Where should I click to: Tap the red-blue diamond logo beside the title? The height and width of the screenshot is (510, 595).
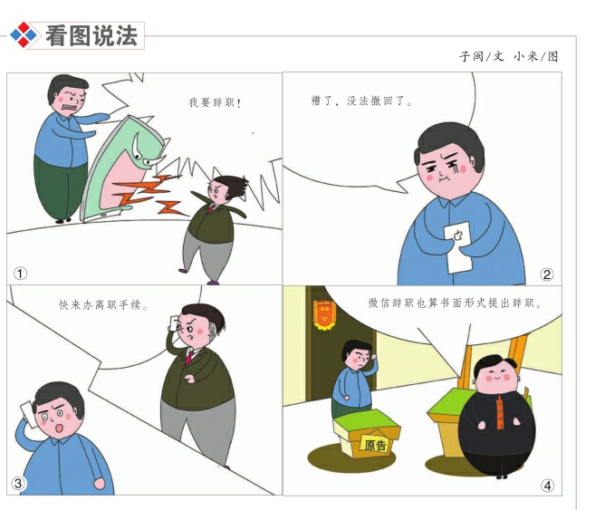tap(25, 35)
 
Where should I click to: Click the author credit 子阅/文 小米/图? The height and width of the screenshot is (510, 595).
tap(508, 56)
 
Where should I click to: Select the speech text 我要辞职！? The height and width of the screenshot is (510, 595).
tap(216, 103)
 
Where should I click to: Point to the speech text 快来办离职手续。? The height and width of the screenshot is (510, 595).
tap(104, 305)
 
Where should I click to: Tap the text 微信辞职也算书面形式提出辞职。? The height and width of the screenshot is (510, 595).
tap(455, 304)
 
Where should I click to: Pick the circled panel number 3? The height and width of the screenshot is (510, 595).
tap(19, 484)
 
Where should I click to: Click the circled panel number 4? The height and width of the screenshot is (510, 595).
tap(547, 485)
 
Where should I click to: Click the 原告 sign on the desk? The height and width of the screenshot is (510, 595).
tap(374, 444)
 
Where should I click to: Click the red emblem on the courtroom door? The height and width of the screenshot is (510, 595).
tap(319, 318)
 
